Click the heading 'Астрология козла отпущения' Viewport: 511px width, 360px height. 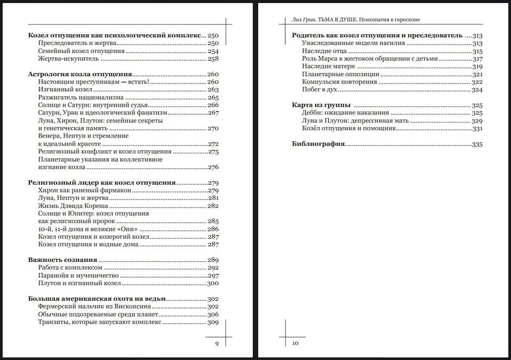[80, 74]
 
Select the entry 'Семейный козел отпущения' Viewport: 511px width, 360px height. [82, 52]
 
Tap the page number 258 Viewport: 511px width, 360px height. [213, 59]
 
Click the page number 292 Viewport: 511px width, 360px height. [213, 268]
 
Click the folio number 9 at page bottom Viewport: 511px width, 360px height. [217, 344]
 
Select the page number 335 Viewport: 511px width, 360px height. [477, 145]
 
